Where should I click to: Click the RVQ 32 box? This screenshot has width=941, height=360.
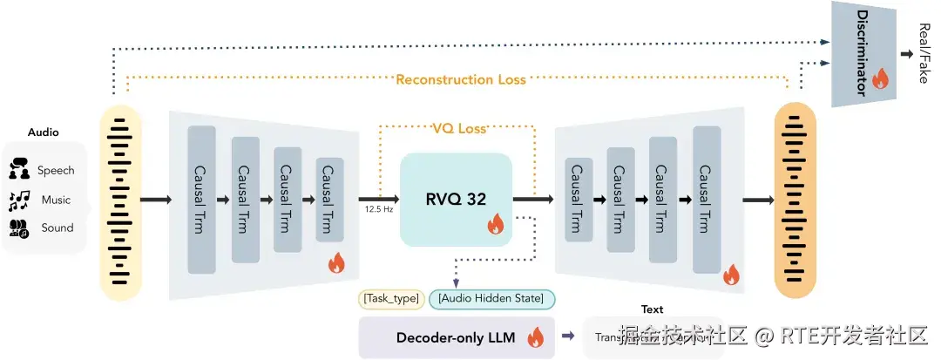(x=456, y=199)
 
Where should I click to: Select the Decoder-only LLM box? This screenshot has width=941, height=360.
(x=456, y=337)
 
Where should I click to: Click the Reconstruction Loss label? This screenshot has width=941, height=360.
(x=460, y=79)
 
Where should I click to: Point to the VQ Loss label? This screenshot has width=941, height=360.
(x=459, y=129)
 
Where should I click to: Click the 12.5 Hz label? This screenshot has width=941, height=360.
(x=380, y=210)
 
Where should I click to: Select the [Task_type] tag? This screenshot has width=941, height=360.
(x=391, y=299)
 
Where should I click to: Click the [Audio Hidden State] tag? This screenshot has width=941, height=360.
(x=491, y=299)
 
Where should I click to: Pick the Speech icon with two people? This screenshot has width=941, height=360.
(x=20, y=170)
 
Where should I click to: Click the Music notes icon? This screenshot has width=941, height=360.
(x=20, y=200)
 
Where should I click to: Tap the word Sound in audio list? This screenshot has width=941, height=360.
(x=58, y=228)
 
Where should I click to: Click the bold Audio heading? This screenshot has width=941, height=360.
(x=44, y=132)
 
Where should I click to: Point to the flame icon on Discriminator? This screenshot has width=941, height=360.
(x=879, y=79)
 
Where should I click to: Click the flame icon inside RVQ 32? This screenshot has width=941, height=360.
(x=495, y=225)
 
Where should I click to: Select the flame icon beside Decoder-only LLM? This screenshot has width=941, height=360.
(x=535, y=337)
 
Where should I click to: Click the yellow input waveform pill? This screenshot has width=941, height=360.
(x=120, y=201)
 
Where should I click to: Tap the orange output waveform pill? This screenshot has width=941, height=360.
(x=795, y=201)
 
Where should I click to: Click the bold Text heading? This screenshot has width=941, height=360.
(x=652, y=309)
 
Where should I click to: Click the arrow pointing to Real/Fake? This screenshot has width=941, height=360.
(x=906, y=54)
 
